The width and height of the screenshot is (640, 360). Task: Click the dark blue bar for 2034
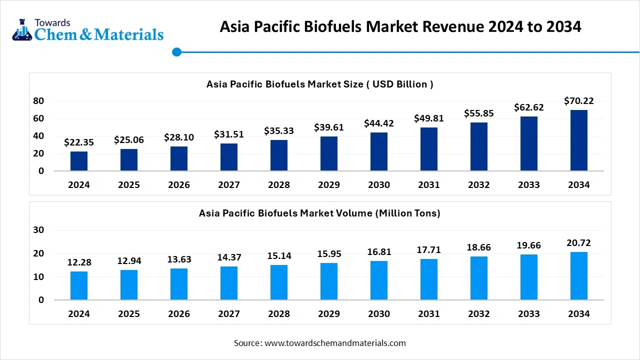point(578,140)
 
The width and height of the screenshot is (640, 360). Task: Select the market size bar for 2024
point(79,161)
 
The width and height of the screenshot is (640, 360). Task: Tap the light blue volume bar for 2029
point(329,281)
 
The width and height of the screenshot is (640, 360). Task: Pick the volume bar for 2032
point(479,278)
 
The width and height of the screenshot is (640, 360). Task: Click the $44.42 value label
point(379,123)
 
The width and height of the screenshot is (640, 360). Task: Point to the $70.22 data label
point(579,101)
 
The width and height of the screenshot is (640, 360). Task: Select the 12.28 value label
point(79,262)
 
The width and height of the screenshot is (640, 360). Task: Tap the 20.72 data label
point(579,243)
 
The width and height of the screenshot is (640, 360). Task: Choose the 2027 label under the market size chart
point(229,185)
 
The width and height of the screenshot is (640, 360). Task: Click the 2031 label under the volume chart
point(429,314)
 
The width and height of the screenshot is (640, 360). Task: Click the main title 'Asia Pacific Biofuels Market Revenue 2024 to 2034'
point(400,26)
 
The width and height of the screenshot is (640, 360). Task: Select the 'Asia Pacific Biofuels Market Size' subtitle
point(320,84)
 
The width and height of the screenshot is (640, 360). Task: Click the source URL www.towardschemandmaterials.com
point(335,343)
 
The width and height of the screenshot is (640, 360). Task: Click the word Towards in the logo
point(52,22)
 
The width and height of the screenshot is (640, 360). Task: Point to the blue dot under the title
point(176,52)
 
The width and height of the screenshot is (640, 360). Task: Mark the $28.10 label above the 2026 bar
point(179,137)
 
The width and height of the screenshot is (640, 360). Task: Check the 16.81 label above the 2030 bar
point(379,252)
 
